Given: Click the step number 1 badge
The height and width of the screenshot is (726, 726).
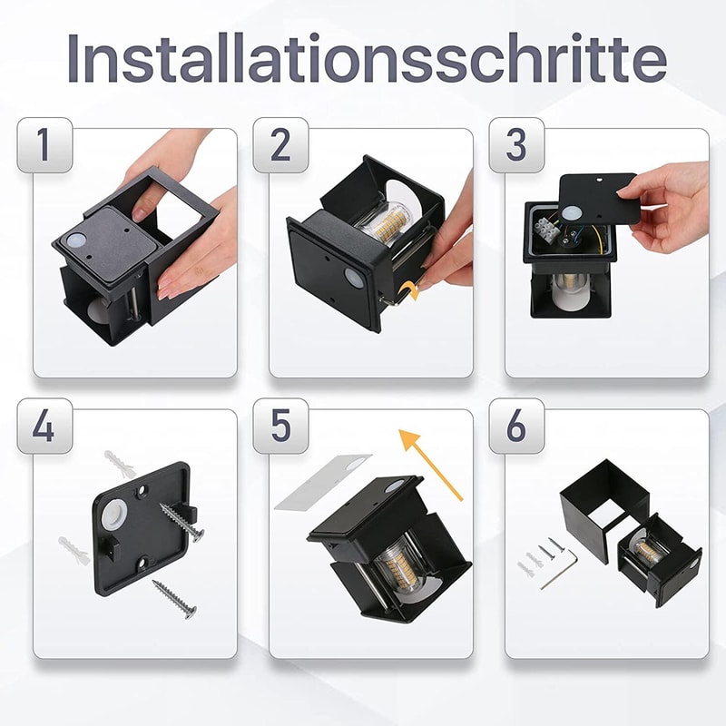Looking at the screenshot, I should coord(44,145).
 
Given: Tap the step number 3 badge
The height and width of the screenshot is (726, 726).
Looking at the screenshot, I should coord(515,145).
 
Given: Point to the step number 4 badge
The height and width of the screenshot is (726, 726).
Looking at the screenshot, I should coord(44,427).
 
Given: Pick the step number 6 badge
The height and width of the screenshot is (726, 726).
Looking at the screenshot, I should coord(515,427).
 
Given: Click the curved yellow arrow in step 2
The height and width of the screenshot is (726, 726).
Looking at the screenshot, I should coord(409,289).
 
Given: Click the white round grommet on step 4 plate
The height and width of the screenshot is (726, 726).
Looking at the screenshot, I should coord(114,517).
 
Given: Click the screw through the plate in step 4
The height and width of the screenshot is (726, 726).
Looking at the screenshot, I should coord(181,522).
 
